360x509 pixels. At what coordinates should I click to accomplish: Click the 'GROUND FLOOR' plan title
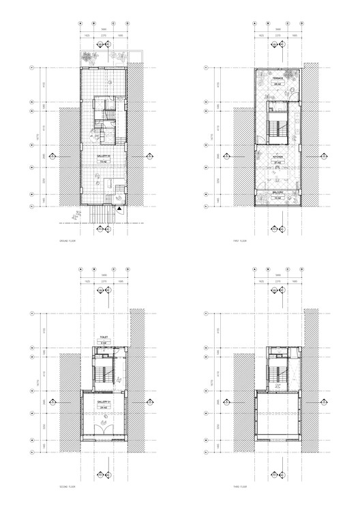click(x=71, y=240)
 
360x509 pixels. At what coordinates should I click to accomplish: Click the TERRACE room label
click(x=278, y=79)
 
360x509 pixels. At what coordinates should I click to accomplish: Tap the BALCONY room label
click(x=278, y=193)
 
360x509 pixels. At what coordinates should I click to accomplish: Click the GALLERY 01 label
click(x=105, y=404)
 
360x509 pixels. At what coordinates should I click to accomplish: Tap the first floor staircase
click(x=277, y=129)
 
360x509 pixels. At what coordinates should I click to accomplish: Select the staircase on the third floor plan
click(x=277, y=375)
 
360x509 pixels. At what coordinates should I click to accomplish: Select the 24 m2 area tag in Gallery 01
click(x=105, y=410)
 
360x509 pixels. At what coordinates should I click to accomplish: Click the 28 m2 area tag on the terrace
click(x=278, y=84)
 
